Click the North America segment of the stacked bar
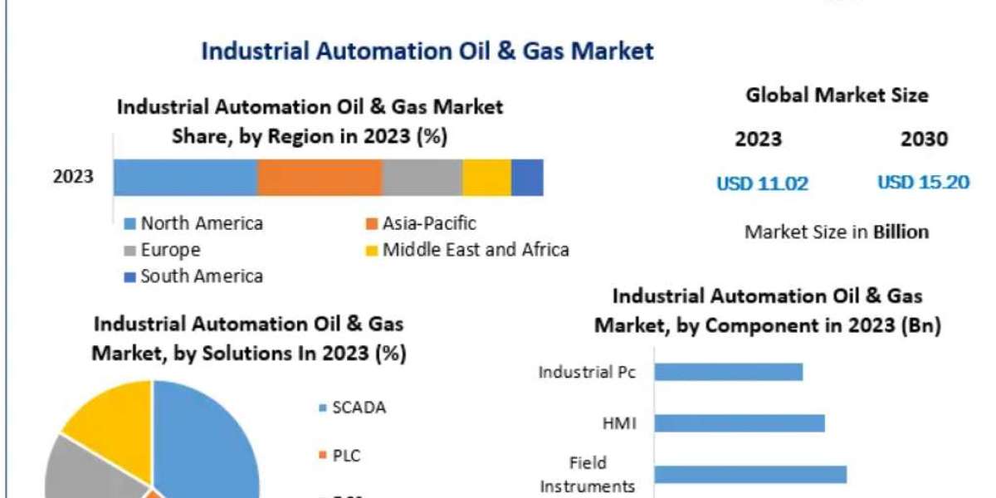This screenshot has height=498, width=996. tap(185, 178)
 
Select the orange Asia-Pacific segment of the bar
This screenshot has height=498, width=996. tap(320, 178)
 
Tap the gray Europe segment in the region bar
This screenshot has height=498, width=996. tap(422, 178)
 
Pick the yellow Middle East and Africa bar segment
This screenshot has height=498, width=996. tap(486, 178)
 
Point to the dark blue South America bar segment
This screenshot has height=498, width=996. tap(527, 178)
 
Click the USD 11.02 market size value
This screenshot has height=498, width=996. tap(762, 183)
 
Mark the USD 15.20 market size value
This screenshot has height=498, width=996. tap(923, 183)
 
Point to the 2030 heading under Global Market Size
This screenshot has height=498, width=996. tap(924, 139)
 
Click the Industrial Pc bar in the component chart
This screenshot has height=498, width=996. tap(729, 371)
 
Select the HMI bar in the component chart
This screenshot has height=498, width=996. tap(740, 423)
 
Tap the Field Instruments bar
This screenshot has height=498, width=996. tap(750, 474)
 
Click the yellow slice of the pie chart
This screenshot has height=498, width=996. tap(108, 415)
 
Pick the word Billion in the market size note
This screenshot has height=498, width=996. tap(901, 232)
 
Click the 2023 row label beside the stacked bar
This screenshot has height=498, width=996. tap(73, 177)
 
